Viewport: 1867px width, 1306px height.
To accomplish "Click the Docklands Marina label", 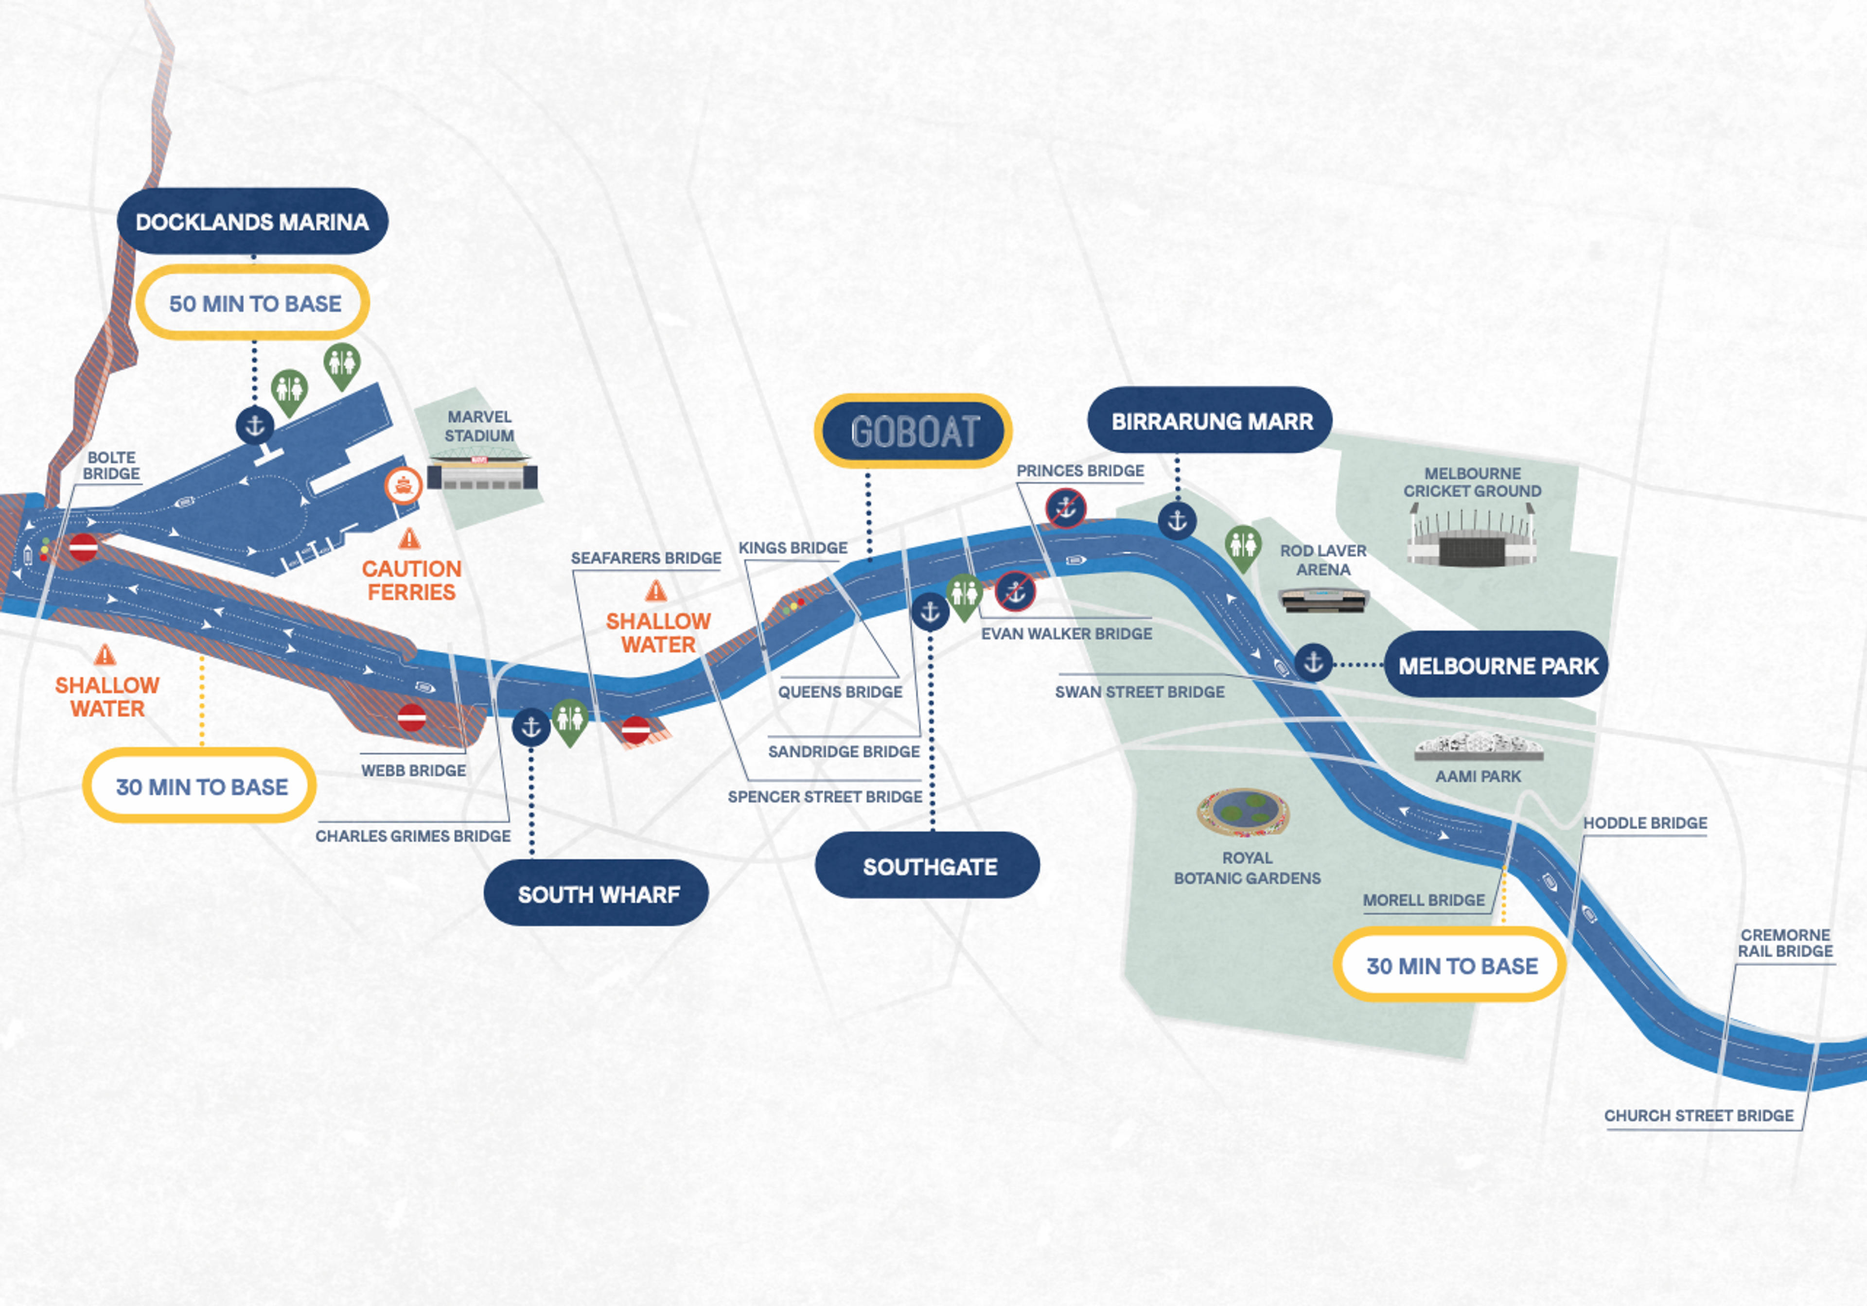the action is [x=252, y=221].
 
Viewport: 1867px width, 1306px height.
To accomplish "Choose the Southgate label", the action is [x=928, y=866].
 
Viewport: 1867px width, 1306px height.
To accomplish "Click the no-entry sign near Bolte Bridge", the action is [x=83, y=548].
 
